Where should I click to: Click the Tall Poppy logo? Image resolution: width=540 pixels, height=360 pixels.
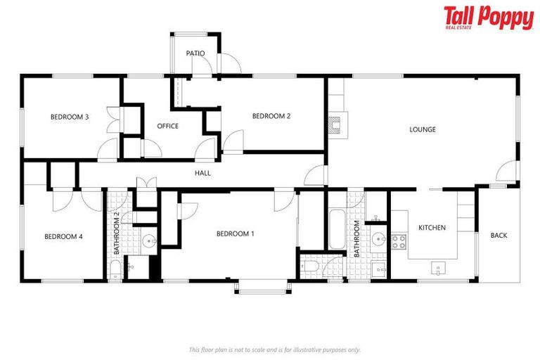click(x=488, y=18)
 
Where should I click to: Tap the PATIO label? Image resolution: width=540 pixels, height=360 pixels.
click(x=195, y=53)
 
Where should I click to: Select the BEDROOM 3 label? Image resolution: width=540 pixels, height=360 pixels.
click(x=69, y=117)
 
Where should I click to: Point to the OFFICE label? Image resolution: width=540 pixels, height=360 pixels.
click(x=167, y=127)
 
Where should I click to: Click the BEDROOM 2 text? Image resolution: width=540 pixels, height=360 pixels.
click(x=271, y=117)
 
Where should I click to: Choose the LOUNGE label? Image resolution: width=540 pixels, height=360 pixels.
click(x=423, y=129)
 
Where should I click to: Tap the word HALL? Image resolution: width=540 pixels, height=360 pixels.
click(x=202, y=173)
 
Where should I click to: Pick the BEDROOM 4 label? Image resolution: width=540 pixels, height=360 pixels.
click(x=63, y=237)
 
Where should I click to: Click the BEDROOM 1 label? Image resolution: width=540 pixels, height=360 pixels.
click(x=235, y=234)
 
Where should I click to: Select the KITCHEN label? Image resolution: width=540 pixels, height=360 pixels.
click(x=432, y=228)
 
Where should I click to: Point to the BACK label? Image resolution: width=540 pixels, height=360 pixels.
click(x=499, y=236)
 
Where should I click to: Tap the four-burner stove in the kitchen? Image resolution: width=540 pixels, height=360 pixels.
click(x=399, y=242)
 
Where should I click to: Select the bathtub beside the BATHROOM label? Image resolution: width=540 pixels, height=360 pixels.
click(x=336, y=228)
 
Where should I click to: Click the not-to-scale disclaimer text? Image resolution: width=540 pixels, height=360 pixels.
click(x=274, y=349)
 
